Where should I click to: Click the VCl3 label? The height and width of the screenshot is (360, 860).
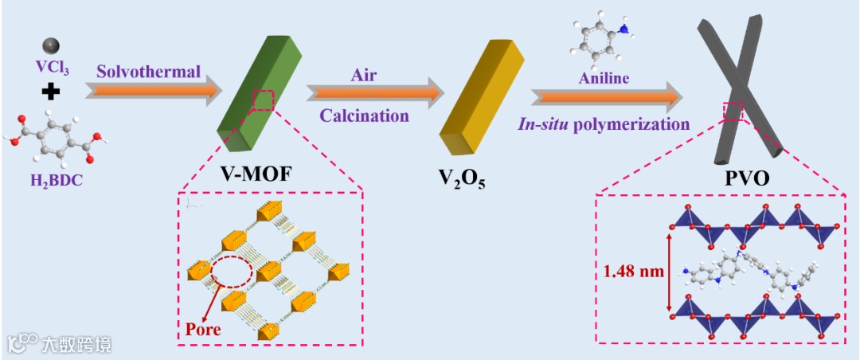click(53, 69)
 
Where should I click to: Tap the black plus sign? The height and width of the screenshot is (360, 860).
click(51, 92)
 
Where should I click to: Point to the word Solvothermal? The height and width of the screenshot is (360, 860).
click(148, 71)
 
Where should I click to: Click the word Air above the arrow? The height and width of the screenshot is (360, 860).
click(364, 75)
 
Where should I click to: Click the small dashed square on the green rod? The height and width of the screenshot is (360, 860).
click(262, 100)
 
